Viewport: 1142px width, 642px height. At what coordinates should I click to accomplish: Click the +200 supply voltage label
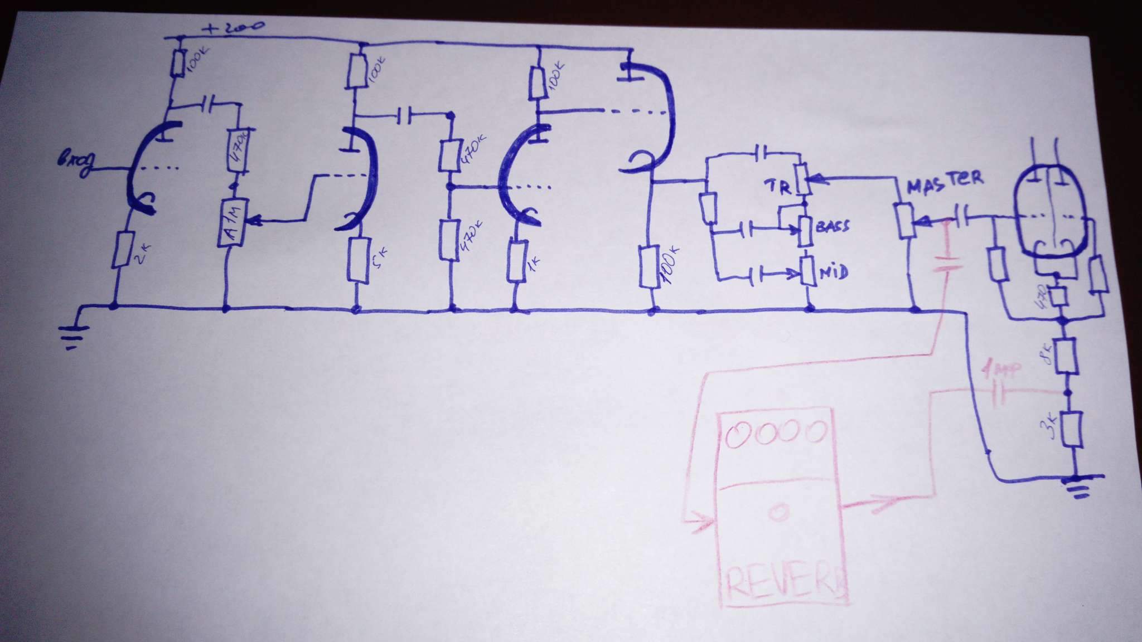(x=234, y=27)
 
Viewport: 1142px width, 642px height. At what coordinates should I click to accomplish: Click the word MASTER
(x=945, y=182)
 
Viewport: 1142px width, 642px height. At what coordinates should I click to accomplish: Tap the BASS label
(x=833, y=226)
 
